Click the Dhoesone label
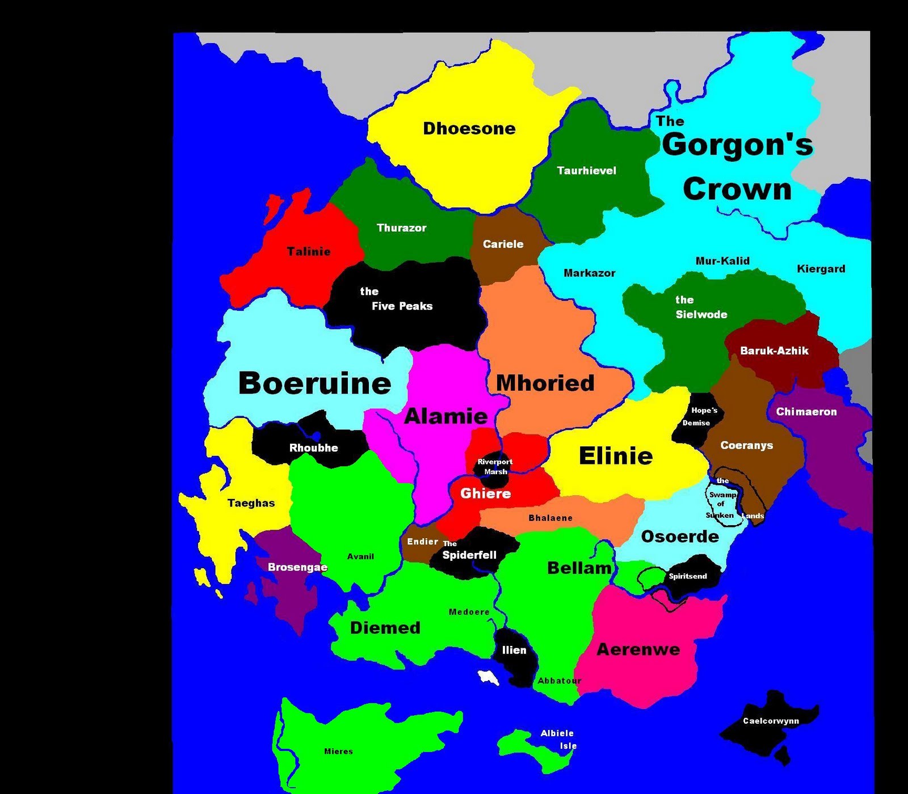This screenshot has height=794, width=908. (x=469, y=129)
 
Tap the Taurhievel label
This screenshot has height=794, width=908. (x=586, y=171)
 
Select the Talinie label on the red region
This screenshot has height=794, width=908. (x=309, y=251)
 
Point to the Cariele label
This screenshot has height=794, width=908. (x=503, y=244)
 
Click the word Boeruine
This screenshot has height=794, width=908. (x=314, y=383)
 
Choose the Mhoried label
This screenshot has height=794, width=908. (x=545, y=383)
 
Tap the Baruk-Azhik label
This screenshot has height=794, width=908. (x=774, y=351)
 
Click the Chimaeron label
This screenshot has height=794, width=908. (x=806, y=412)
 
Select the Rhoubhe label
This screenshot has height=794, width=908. (x=313, y=448)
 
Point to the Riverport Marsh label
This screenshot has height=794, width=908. (x=495, y=467)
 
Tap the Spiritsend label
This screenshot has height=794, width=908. (x=688, y=576)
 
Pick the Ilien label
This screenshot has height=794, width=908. (x=514, y=651)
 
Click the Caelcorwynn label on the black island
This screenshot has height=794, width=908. (x=771, y=721)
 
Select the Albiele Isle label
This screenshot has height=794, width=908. (x=559, y=740)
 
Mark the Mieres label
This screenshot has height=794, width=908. (x=338, y=751)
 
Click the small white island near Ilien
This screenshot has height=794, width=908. (x=488, y=677)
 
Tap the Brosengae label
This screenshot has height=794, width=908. (x=297, y=567)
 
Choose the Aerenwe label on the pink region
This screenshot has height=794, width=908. (x=638, y=649)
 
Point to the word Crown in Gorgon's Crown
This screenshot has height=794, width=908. (x=737, y=189)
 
